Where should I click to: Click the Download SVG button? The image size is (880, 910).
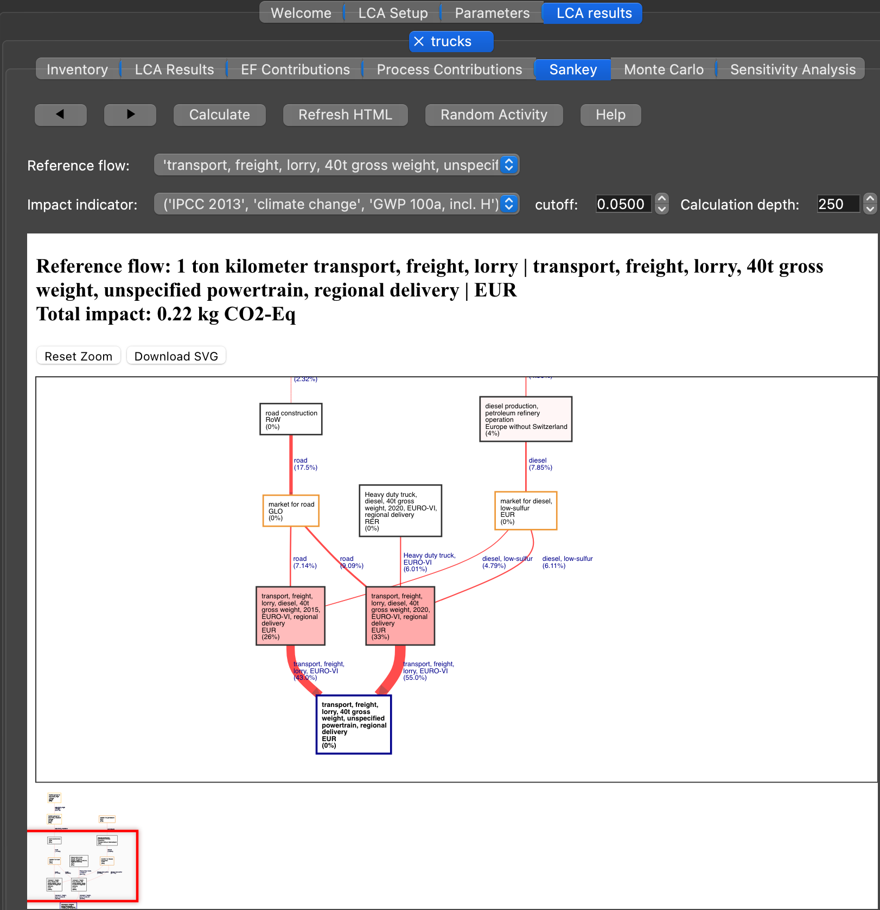[176, 356]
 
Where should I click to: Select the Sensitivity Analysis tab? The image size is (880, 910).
[792, 69]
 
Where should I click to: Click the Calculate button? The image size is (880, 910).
[219, 115]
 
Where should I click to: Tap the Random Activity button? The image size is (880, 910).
[493, 115]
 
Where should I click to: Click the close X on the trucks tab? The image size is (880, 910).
[419, 41]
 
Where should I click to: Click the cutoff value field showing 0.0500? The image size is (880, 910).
[622, 204]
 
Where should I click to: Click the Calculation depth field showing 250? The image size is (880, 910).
[837, 204]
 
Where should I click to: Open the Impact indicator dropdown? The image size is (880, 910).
[336, 204]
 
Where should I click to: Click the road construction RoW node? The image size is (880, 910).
[291, 419]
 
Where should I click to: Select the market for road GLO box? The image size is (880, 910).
[291, 511]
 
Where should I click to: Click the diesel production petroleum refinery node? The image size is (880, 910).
[525, 419]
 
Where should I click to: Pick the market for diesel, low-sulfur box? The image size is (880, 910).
[525, 511]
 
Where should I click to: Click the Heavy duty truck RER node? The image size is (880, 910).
[400, 511]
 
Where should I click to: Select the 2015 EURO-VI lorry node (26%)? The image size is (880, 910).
[290, 616]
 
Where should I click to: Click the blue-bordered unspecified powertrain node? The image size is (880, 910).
[353, 724]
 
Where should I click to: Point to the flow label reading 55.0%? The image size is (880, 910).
[415, 678]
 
